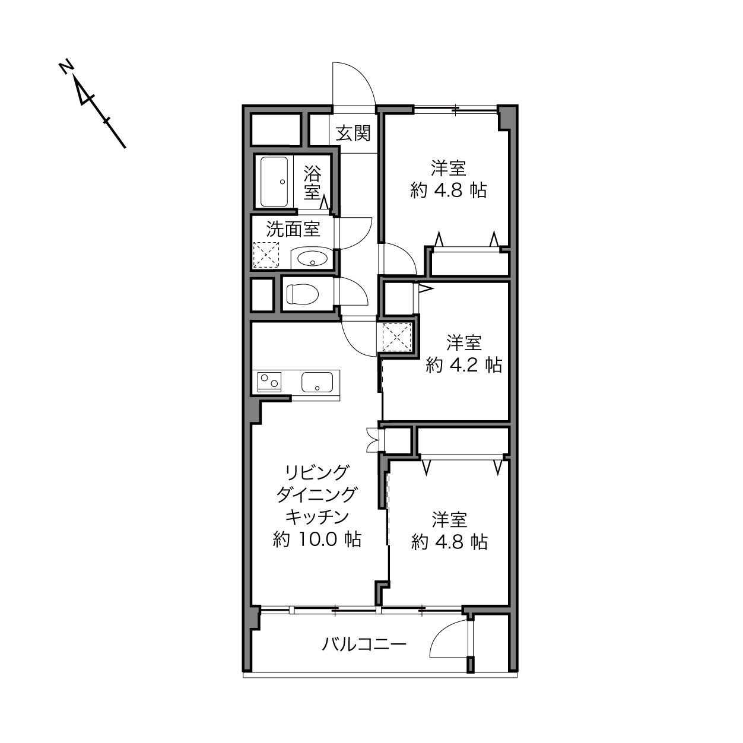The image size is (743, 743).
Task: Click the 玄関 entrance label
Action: (x=353, y=134)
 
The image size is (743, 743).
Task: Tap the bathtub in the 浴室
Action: (x=274, y=182)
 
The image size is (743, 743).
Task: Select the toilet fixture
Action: (x=302, y=294)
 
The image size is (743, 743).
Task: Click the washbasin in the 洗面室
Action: (x=312, y=258)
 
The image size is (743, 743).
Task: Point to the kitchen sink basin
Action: (x=317, y=382)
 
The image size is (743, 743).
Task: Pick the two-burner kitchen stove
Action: (x=269, y=382)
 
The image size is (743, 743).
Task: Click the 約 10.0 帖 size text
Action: (x=317, y=539)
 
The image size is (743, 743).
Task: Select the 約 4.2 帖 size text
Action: (x=464, y=364)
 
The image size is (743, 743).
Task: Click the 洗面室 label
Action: (x=293, y=230)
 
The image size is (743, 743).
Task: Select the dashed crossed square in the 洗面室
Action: (x=266, y=255)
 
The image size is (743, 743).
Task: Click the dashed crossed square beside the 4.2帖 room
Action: (x=397, y=337)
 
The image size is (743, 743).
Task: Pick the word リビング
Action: (x=316, y=473)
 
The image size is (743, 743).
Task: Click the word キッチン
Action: (x=317, y=517)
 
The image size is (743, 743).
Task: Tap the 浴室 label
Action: (x=312, y=182)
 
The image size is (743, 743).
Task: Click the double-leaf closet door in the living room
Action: (x=373, y=440)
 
